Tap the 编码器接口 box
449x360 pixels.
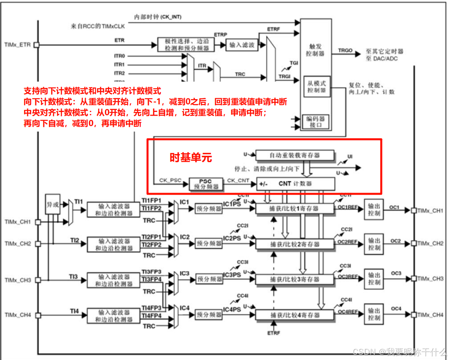coord(317,122)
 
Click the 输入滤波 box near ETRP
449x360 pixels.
coord(242,45)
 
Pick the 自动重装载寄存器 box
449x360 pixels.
coord(295,155)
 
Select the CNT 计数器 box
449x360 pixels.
coord(295,184)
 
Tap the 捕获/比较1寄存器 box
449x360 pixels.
coord(295,209)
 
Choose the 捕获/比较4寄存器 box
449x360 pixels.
coord(295,315)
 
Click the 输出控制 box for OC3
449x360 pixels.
coord(374,279)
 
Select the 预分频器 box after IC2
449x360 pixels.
coord(209,244)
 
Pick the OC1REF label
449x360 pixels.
coord(347,207)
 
